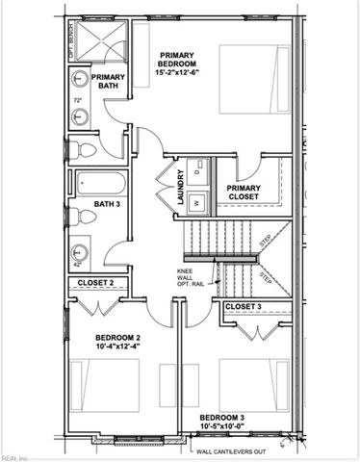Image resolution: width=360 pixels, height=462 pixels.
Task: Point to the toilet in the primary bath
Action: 84,149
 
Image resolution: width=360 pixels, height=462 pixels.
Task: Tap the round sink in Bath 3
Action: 80,254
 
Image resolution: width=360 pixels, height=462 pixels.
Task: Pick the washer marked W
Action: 197,202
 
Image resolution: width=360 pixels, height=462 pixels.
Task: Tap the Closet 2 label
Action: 96,283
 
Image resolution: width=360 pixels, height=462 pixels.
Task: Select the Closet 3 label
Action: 244,306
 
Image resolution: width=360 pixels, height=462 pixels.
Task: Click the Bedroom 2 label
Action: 118,337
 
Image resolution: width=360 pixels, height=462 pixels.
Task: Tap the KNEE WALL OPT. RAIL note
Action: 190,278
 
